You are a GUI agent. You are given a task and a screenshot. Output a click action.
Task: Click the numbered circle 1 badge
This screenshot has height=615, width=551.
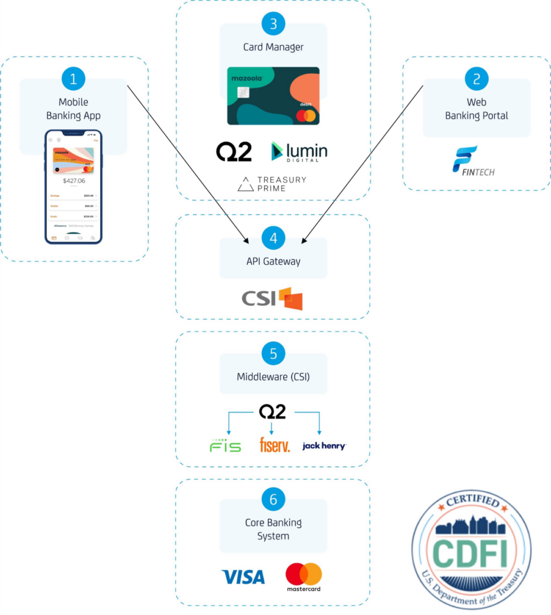74,79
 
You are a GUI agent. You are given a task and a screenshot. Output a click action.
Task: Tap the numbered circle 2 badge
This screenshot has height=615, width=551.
477,79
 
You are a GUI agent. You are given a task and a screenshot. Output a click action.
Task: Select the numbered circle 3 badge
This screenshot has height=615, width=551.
274,23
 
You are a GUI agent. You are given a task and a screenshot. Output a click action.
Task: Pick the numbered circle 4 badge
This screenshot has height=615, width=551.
274,238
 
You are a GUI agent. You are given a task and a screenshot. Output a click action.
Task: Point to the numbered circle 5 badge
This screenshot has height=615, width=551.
274,353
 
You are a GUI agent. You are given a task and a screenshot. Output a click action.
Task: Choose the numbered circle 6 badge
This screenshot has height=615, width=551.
274,499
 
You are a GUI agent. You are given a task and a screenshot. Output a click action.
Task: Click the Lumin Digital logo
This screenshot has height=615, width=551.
299,151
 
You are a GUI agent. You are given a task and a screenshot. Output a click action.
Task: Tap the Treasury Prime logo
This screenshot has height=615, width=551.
272,184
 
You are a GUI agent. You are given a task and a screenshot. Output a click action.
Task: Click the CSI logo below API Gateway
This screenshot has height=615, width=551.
272,298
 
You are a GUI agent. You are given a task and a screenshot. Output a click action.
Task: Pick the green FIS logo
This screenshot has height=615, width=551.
226,445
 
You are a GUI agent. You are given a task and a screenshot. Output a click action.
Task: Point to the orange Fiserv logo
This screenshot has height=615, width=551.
274,445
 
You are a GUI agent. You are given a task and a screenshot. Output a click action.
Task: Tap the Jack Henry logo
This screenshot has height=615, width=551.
324,446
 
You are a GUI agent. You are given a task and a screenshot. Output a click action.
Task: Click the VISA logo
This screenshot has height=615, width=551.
243,577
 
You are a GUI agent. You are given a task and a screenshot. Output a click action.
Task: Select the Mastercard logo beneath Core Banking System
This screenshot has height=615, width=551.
303,577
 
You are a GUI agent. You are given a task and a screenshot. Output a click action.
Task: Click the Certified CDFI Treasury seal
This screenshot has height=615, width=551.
471,550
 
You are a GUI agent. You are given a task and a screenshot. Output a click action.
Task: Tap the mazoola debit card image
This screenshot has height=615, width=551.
274,96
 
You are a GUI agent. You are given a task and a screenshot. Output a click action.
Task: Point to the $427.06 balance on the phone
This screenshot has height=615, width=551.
74,180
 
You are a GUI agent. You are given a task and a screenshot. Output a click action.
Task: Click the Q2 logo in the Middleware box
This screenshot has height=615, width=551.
272,411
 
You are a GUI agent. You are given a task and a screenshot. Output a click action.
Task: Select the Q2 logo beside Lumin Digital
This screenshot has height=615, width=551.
234,152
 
